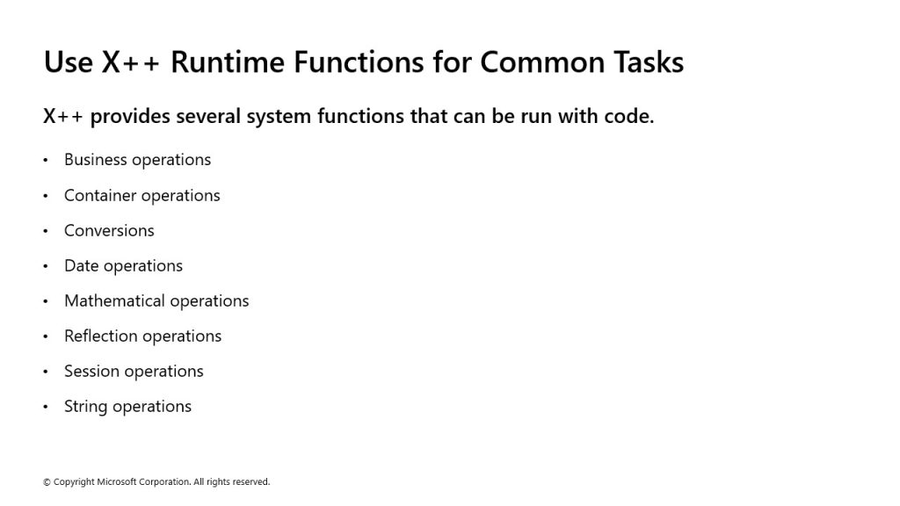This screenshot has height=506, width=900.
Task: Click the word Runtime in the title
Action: pyautogui.click(x=228, y=62)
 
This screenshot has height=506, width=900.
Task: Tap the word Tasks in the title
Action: pyautogui.click(x=649, y=62)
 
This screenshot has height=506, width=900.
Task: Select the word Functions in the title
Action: pyautogui.click(x=359, y=62)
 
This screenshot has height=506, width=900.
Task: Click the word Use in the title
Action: pyautogui.click(x=69, y=62)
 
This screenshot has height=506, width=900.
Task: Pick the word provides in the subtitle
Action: pyautogui.click(x=130, y=117)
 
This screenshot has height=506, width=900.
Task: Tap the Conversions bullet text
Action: pyautogui.click(x=109, y=231)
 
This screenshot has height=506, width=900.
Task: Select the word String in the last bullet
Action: pyautogui.click(x=86, y=407)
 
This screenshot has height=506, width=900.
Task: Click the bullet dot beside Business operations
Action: pyautogui.click(x=46, y=160)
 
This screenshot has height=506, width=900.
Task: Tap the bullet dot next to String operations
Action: pyautogui.click(x=46, y=408)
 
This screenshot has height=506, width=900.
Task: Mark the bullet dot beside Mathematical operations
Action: pyautogui.click(x=46, y=301)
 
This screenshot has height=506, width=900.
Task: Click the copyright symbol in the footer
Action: pyautogui.click(x=47, y=482)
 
